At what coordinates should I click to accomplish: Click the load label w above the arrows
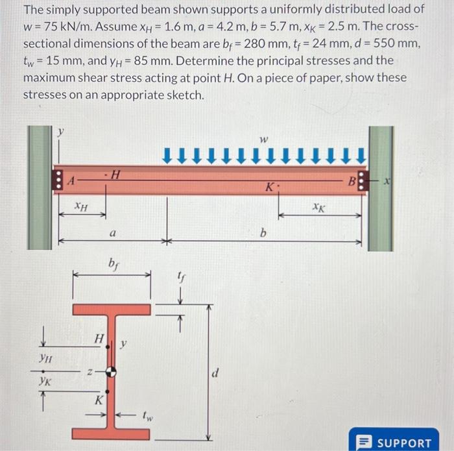coord(263,140)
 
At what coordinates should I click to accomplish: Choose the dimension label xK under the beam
coord(318,208)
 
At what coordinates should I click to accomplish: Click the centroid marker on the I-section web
coord(112,371)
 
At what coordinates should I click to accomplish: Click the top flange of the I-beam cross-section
coord(111,309)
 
